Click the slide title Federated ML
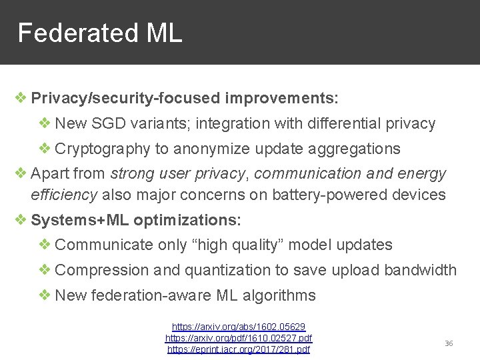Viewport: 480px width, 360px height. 99,33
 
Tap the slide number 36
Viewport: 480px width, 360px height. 449,343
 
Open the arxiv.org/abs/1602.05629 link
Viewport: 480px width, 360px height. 239,327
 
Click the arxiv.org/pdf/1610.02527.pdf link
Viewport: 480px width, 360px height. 239,338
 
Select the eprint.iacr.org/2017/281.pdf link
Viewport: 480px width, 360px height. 239,349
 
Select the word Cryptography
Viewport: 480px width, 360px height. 103,149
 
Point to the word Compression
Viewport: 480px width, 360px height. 102,270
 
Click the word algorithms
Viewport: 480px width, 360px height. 276,295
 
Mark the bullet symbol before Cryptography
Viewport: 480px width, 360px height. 45,148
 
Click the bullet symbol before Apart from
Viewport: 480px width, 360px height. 21,173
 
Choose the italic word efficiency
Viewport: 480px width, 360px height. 64,195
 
